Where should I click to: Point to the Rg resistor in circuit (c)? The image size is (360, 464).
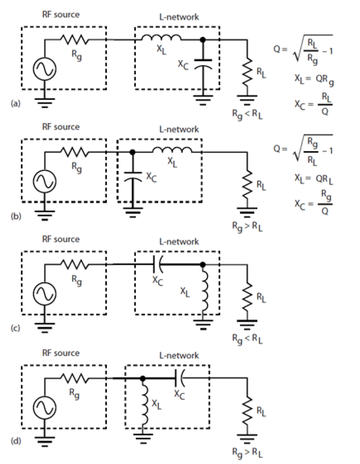pos(75,265)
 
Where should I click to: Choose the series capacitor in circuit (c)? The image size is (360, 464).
pos(157,265)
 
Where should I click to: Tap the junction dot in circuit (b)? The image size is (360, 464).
pos(132,152)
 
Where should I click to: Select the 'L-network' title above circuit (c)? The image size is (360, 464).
pos(177,241)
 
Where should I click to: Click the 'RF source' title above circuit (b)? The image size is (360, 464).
pos(60,127)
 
